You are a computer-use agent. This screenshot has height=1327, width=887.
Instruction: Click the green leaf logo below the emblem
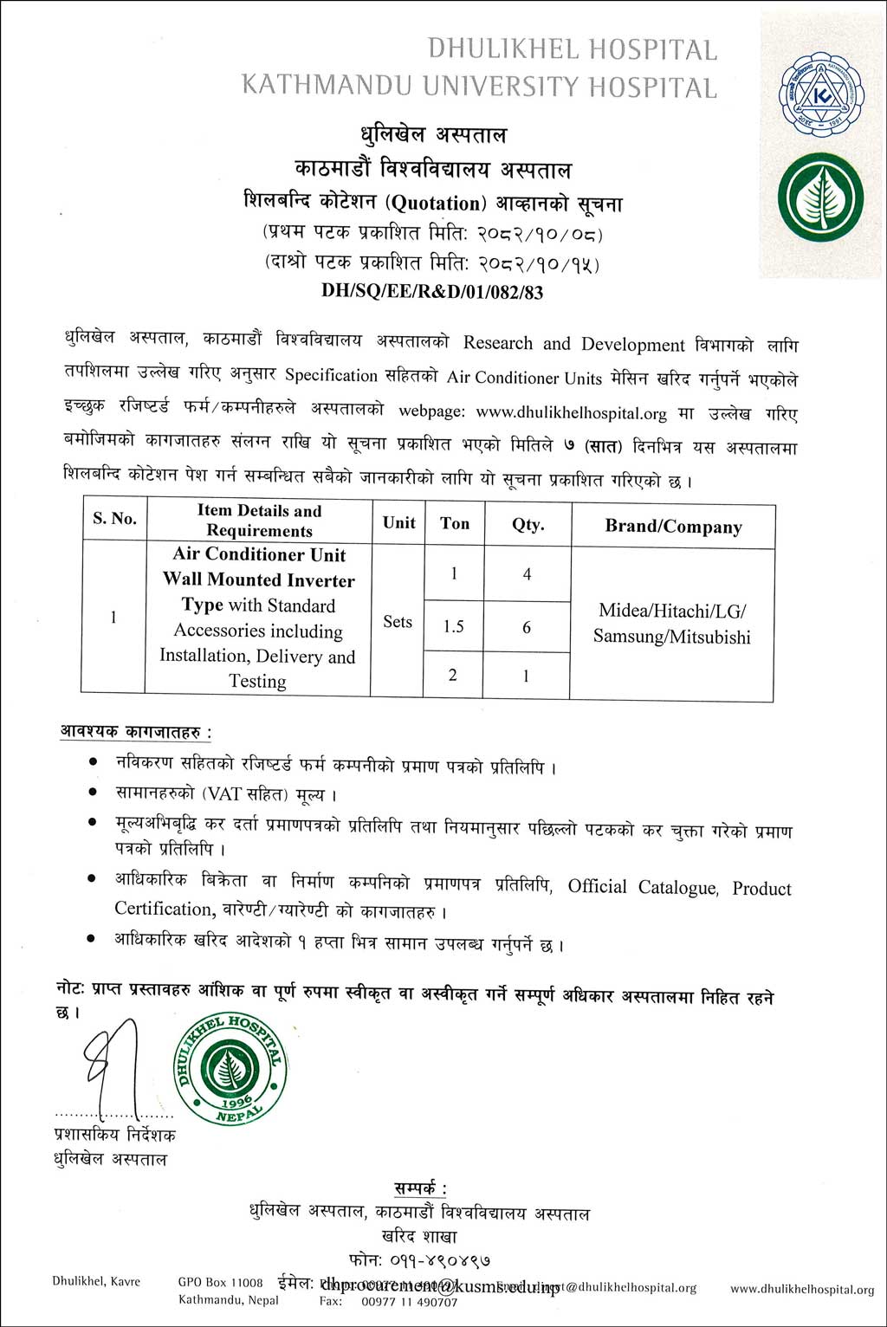[x=819, y=198]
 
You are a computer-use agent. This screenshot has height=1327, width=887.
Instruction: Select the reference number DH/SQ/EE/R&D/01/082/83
[x=432, y=292]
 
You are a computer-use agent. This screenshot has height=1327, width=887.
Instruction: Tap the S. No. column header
[x=114, y=518]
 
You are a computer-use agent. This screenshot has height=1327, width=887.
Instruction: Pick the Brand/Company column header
[x=673, y=527]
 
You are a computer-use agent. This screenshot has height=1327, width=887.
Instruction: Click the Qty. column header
[x=528, y=524]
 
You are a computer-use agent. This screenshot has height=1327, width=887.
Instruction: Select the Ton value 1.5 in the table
[x=454, y=626]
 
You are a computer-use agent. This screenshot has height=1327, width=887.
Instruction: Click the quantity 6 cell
[x=527, y=627]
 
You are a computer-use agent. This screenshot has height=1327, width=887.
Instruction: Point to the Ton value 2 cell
[x=453, y=675]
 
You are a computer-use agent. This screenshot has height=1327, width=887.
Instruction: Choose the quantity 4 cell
[x=527, y=573]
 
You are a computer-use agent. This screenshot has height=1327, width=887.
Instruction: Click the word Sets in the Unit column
[x=398, y=621]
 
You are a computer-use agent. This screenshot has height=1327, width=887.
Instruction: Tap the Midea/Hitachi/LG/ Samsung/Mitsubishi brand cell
[x=672, y=624]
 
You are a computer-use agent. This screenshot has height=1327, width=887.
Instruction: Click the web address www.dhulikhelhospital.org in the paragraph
[x=572, y=413]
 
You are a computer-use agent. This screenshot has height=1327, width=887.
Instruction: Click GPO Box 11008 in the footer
[x=220, y=1282]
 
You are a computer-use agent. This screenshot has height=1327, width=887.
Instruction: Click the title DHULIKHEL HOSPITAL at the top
[x=573, y=49]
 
